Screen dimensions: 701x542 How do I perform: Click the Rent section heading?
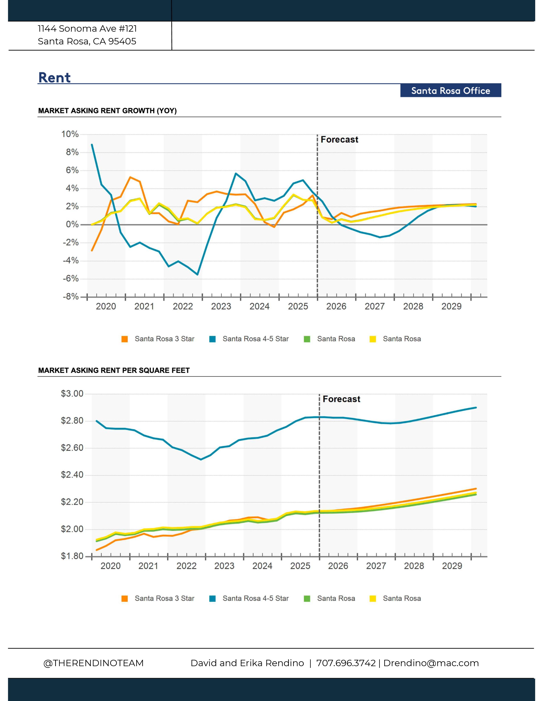(x=54, y=78)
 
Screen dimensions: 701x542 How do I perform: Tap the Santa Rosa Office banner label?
(x=450, y=91)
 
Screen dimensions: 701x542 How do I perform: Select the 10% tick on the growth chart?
(x=70, y=134)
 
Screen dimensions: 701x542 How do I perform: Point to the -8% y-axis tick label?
(x=71, y=297)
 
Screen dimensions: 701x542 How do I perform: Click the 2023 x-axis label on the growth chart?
(x=221, y=307)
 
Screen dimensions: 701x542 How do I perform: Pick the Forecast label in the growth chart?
(x=339, y=140)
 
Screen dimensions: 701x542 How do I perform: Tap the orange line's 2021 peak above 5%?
(x=130, y=177)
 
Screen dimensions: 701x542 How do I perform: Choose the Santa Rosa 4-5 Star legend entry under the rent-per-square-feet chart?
(x=249, y=599)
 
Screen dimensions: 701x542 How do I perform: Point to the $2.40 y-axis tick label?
(x=72, y=475)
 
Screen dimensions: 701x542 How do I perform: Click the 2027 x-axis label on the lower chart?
(x=376, y=566)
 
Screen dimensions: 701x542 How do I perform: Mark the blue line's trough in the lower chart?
(x=201, y=459)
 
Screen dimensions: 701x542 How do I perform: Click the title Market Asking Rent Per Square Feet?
(x=114, y=370)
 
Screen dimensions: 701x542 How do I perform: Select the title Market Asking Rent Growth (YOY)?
(x=108, y=111)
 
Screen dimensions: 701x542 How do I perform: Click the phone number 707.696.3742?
(x=346, y=663)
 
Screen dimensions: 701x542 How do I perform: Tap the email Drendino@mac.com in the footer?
(x=431, y=663)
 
